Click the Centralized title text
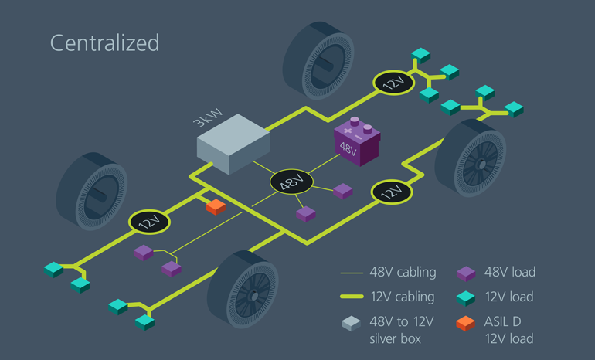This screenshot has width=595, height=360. [x=104, y=42]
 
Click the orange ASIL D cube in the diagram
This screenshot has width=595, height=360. [x=215, y=206]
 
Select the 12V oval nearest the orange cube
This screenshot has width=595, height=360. [x=148, y=222]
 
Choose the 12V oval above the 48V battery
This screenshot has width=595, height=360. [x=395, y=83]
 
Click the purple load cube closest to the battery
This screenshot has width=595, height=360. [x=343, y=191]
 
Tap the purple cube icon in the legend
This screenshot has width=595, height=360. [x=466, y=272]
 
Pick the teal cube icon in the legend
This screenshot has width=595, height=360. [x=466, y=297]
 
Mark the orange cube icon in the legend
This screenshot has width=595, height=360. [x=466, y=322]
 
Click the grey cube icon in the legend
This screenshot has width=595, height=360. [x=352, y=323]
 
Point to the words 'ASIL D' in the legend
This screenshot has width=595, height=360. [x=507, y=321]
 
